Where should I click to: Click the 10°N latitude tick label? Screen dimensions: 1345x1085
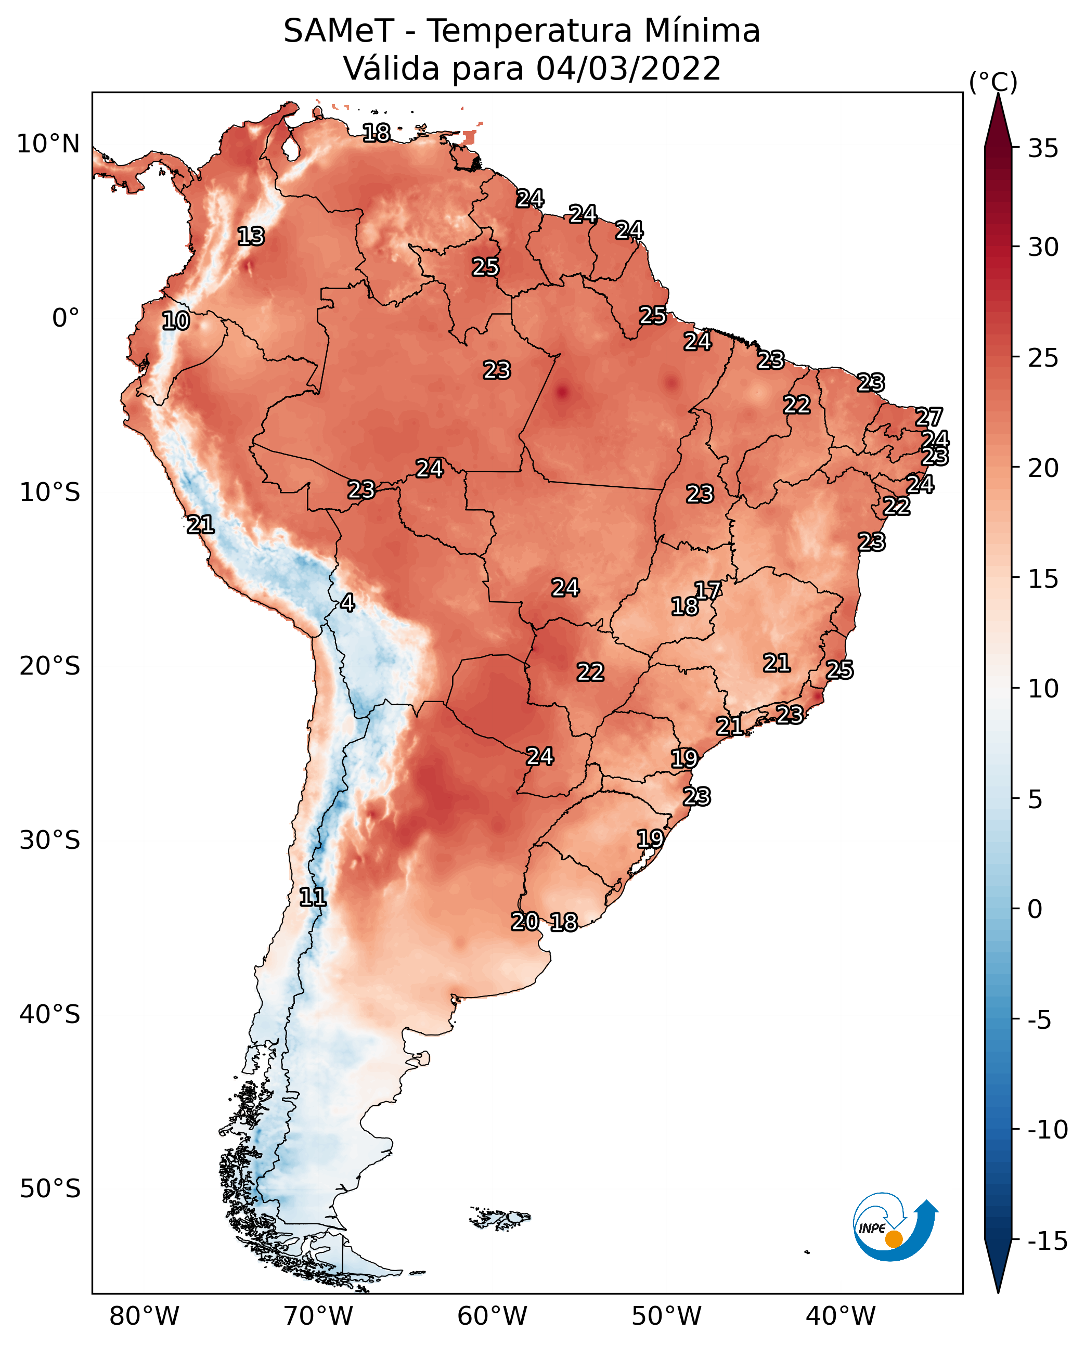(x=48, y=145)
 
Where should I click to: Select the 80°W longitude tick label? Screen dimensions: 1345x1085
(x=145, y=1316)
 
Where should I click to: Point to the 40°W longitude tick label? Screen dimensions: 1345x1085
(x=840, y=1316)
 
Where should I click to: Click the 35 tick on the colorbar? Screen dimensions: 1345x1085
(x=1043, y=149)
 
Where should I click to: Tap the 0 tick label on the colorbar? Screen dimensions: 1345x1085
(x=1035, y=909)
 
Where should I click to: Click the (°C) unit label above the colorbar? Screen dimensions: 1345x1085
(x=993, y=82)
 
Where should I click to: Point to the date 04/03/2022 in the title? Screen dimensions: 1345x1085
(x=628, y=68)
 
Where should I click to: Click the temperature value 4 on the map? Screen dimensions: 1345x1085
(x=347, y=603)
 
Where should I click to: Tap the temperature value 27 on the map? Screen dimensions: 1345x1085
(x=929, y=417)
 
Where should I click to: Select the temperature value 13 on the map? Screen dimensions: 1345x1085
(x=251, y=236)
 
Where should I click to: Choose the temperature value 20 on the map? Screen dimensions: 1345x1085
(x=525, y=921)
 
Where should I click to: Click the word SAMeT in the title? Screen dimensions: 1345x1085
(x=339, y=31)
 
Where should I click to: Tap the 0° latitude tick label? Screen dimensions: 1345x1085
(x=66, y=318)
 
